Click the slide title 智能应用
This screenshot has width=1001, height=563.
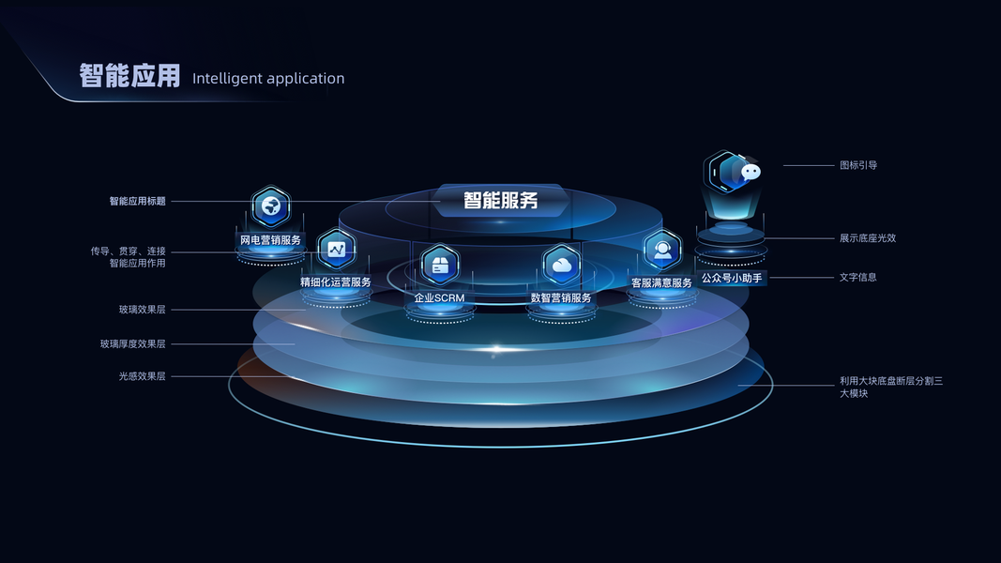(x=129, y=76)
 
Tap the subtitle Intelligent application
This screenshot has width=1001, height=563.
(x=268, y=79)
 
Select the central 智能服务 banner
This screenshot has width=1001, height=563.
(x=500, y=200)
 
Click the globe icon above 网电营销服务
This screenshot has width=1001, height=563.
(x=271, y=206)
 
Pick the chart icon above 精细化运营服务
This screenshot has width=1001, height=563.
(x=336, y=249)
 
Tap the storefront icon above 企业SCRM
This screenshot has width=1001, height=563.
(x=439, y=264)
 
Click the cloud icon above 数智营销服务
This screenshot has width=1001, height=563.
(x=562, y=265)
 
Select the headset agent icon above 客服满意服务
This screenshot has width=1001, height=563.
(x=662, y=250)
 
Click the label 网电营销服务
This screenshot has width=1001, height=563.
(x=271, y=240)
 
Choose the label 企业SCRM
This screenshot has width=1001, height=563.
(x=439, y=298)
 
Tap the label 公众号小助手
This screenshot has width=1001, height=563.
(x=732, y=278)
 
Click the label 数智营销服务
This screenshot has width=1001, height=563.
(x=561, y=298)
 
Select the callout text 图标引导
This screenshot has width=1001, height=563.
(x=858, y=165)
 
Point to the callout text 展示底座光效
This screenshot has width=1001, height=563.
(x=868, y=238)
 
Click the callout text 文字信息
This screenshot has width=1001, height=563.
(x=858, y=278)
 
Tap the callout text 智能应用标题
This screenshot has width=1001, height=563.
(x=137, y=201)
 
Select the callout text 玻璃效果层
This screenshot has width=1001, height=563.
(x=142, y=309)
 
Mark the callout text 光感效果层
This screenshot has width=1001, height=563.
(x=142, y=376)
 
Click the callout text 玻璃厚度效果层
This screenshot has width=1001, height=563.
(x=132, y=343)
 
